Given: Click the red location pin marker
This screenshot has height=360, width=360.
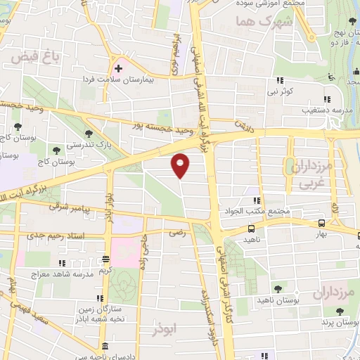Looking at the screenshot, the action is pyautogui.click(x=181, y=165).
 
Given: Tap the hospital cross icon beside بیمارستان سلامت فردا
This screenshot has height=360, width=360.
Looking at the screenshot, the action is pyautogui.click(x=118, y=69).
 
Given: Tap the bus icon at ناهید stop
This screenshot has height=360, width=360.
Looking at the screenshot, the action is pyautogui.click(x=251, y=229).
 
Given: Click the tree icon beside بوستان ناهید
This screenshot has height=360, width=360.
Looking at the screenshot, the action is pyautogui.click(x=279, y=288).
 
